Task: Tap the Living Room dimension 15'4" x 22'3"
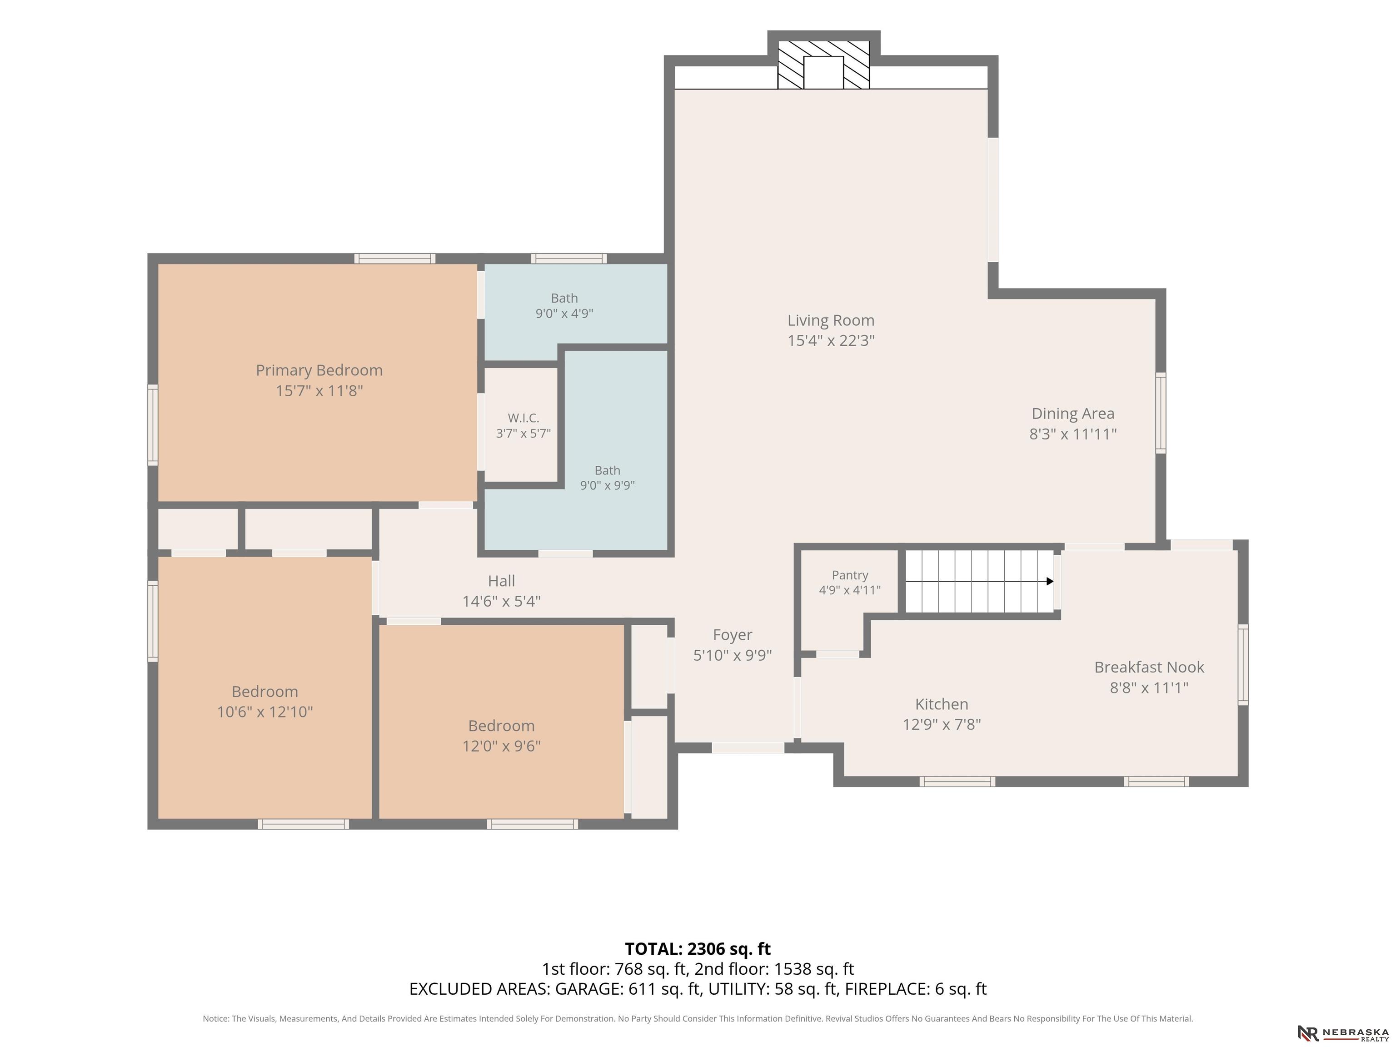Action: point(831,341)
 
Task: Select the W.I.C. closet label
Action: point(523,418)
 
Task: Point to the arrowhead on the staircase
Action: point(1050,581)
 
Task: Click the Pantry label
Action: point(849,575)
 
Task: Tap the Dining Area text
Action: point(1073,414)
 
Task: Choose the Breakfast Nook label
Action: point(1149,667)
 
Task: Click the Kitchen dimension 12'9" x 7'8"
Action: point(942,724)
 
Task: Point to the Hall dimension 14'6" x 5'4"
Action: point(501,602)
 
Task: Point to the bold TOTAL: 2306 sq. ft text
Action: point(698,949)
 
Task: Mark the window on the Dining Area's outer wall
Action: point(1161,413)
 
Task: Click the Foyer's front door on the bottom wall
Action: point(748,748)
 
